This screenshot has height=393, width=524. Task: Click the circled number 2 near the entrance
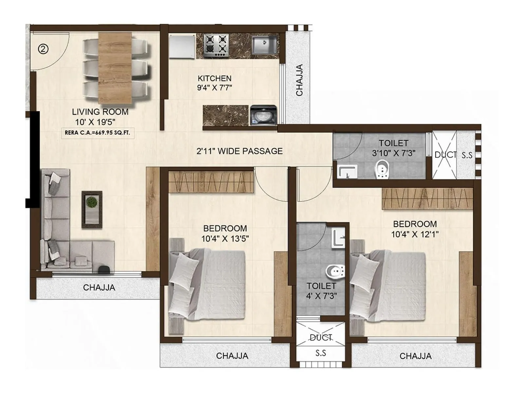pos(43,49)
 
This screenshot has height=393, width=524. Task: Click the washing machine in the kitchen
pos(263,115)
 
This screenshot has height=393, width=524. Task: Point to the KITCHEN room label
pos(215,78)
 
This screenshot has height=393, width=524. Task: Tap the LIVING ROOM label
pos(100,112)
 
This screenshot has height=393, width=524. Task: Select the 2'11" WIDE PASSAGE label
pos(239,151)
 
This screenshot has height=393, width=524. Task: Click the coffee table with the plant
pos(92,210)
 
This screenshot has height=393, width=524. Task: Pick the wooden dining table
pos(115,67)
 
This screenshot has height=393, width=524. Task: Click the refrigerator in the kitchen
pos(182,47)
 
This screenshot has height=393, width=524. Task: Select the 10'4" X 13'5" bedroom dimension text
pos(225,239)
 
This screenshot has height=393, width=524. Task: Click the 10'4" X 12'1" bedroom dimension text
pos(415,234)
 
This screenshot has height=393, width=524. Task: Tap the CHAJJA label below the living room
pos(99,288)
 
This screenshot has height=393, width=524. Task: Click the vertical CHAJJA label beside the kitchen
pos(299,80)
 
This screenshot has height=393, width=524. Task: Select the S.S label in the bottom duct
pos(321,353)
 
